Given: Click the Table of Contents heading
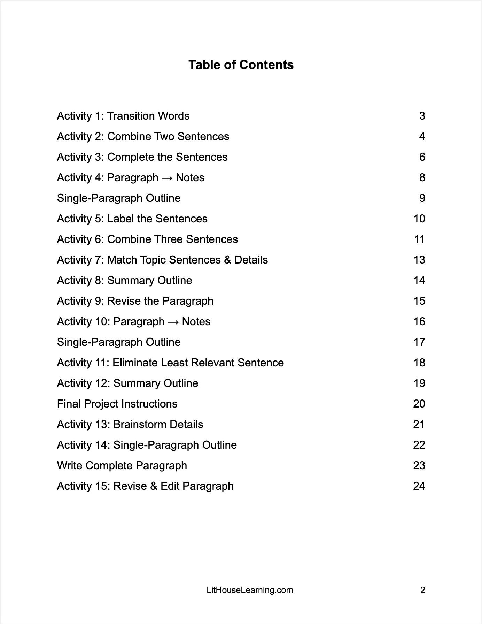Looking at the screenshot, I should point(241,65).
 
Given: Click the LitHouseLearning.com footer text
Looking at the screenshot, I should point(250,590).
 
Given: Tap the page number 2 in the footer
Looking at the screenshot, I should point(423,590).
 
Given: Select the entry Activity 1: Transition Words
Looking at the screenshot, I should point(123,116).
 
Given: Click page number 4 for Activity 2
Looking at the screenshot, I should point(422,136).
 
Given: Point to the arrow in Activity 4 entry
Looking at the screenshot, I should point(167,178).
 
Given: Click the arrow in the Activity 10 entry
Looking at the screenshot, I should point(173,322).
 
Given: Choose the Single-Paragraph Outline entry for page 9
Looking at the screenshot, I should point(119,198).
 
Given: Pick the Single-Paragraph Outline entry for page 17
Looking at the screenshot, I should point(119,342).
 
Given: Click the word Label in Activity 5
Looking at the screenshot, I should point(120,219).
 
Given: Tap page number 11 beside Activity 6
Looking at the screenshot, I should point(420,239).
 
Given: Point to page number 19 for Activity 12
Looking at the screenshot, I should point(419,383).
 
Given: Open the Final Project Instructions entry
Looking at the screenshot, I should point(117,404).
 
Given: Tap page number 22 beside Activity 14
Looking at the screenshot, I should point(419,445).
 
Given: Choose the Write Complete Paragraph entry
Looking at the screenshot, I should point(122,465).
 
